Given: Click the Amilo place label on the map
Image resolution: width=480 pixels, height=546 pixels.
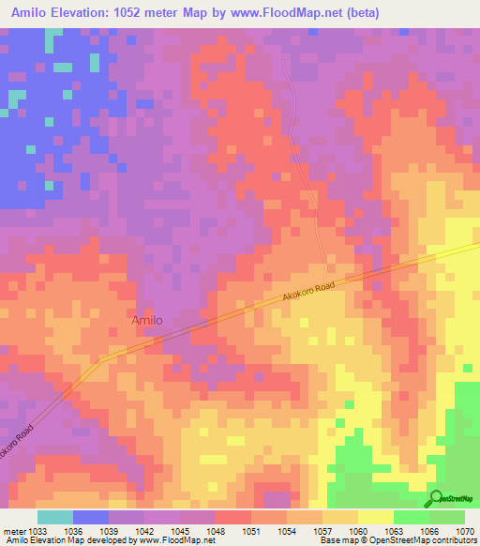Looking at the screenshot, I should (x=146, y=320).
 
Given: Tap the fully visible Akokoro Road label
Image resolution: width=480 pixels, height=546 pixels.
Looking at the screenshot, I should (x=307, y=294).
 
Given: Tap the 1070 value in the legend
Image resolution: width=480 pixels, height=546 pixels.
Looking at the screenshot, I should (x=465, y=530).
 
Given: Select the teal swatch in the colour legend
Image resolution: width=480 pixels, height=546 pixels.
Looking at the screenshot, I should (x=55, y=517).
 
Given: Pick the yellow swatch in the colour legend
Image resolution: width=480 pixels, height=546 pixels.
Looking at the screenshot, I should (x=376, y=517).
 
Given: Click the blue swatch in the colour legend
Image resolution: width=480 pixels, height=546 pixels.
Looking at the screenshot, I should (x=91, y=517).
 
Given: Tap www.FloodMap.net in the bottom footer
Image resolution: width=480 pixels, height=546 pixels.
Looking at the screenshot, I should (x=174, y=541).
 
